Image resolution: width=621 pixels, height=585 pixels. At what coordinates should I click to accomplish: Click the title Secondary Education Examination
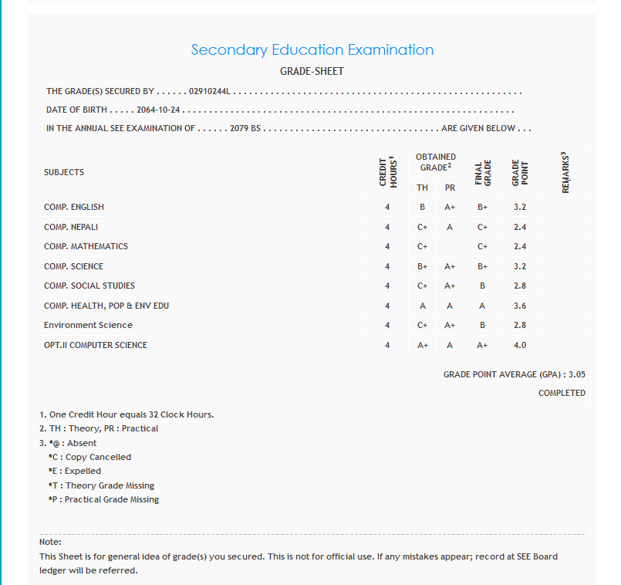(x=312, y=50)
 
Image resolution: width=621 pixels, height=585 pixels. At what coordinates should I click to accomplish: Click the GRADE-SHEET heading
(x=312, y=72)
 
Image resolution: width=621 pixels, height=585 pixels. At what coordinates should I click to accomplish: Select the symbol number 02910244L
(x=210, y=92)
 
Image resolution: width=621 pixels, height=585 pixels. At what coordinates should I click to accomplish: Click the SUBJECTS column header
(x=64, y=172)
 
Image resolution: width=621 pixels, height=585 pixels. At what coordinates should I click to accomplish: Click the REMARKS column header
(x=565, y=172)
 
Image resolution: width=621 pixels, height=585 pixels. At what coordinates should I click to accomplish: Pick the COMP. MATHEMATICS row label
(x=86, y=246)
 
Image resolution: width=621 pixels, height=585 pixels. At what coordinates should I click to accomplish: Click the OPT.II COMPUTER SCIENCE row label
(x=95, y=345)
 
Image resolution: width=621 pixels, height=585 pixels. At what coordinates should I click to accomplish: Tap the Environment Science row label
(x=88, y=325)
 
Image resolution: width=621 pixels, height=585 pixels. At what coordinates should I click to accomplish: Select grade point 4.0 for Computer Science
(x=520, y=345)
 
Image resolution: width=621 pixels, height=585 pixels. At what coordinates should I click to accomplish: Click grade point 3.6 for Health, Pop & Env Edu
(x=520, y=306)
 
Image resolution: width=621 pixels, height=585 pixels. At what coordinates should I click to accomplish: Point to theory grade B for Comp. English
(x=422, y=207)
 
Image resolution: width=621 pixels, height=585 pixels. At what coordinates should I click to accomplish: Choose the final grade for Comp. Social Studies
(x=482, y=286)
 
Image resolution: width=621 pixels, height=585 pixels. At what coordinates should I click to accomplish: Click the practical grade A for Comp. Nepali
(x=450, y=227)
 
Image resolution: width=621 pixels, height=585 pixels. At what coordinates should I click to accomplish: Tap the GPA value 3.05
(x=577, y=374)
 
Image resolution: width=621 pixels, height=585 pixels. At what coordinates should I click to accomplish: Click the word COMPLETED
(x=562, y=393)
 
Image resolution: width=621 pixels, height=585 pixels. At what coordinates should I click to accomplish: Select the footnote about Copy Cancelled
(x=89, y=457)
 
